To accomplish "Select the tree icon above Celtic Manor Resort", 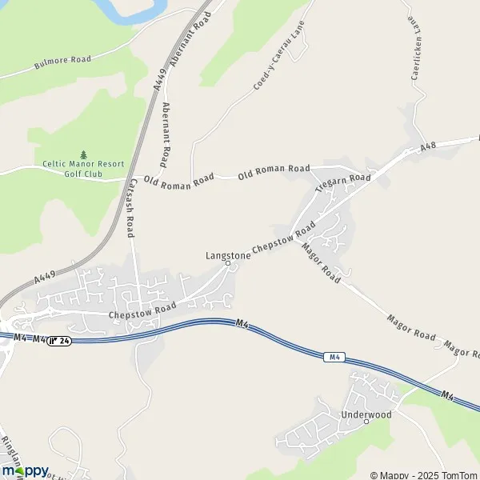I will [x=84, y=154].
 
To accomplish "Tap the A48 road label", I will [x=429, y=150].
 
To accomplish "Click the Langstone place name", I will [x=228, y=255].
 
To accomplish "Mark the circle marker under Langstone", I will [x=227, y=263].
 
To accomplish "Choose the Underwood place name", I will [x=366, y=414].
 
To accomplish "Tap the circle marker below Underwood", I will [x=366, y=422].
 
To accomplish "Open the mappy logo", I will [x=25, y=470].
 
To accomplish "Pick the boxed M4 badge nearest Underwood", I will [x=334, y=357].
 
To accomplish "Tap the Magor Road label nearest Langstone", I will [x=321, y=262].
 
